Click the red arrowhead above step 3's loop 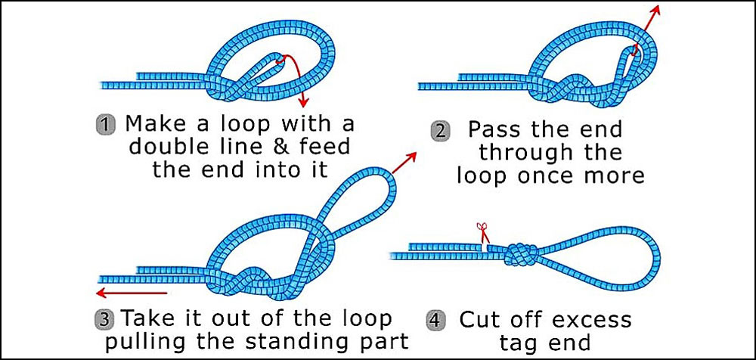click(414, 155)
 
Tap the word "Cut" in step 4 click(481, 319)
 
